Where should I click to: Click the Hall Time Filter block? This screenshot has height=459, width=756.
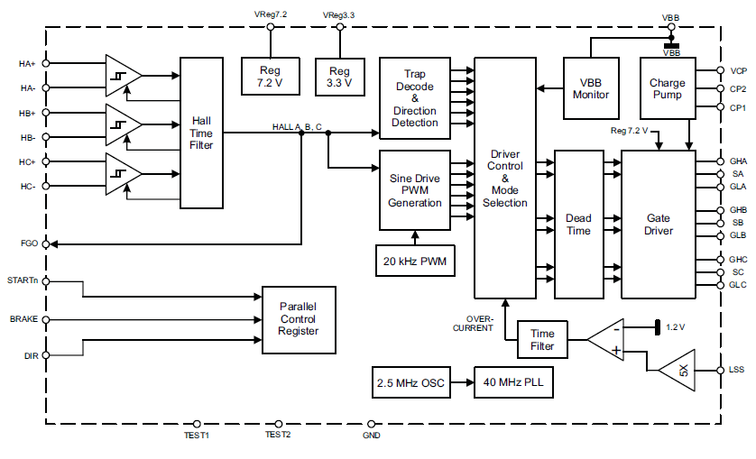pos(201,133)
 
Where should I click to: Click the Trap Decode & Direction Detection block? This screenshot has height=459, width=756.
pos(415,98)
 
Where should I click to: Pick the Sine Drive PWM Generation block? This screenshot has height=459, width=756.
pos(415,190)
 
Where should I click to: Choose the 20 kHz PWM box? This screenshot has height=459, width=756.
pos(415,261)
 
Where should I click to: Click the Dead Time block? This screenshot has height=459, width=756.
pos(578,224)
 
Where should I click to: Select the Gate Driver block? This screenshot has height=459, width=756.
pos(659,224)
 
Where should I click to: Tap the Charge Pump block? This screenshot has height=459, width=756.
pos(667,88)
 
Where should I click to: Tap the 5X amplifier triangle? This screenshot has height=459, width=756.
pos(679,371)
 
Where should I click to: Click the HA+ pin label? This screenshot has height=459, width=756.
pos(27,64)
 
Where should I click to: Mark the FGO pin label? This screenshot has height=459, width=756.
pos(29,244)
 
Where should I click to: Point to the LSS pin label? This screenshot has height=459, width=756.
pos(738,370)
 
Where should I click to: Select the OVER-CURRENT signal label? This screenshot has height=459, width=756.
pos(479,324)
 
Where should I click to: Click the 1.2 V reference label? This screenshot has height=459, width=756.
pos(677,326)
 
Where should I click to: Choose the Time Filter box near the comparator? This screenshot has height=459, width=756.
pos(542,340)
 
